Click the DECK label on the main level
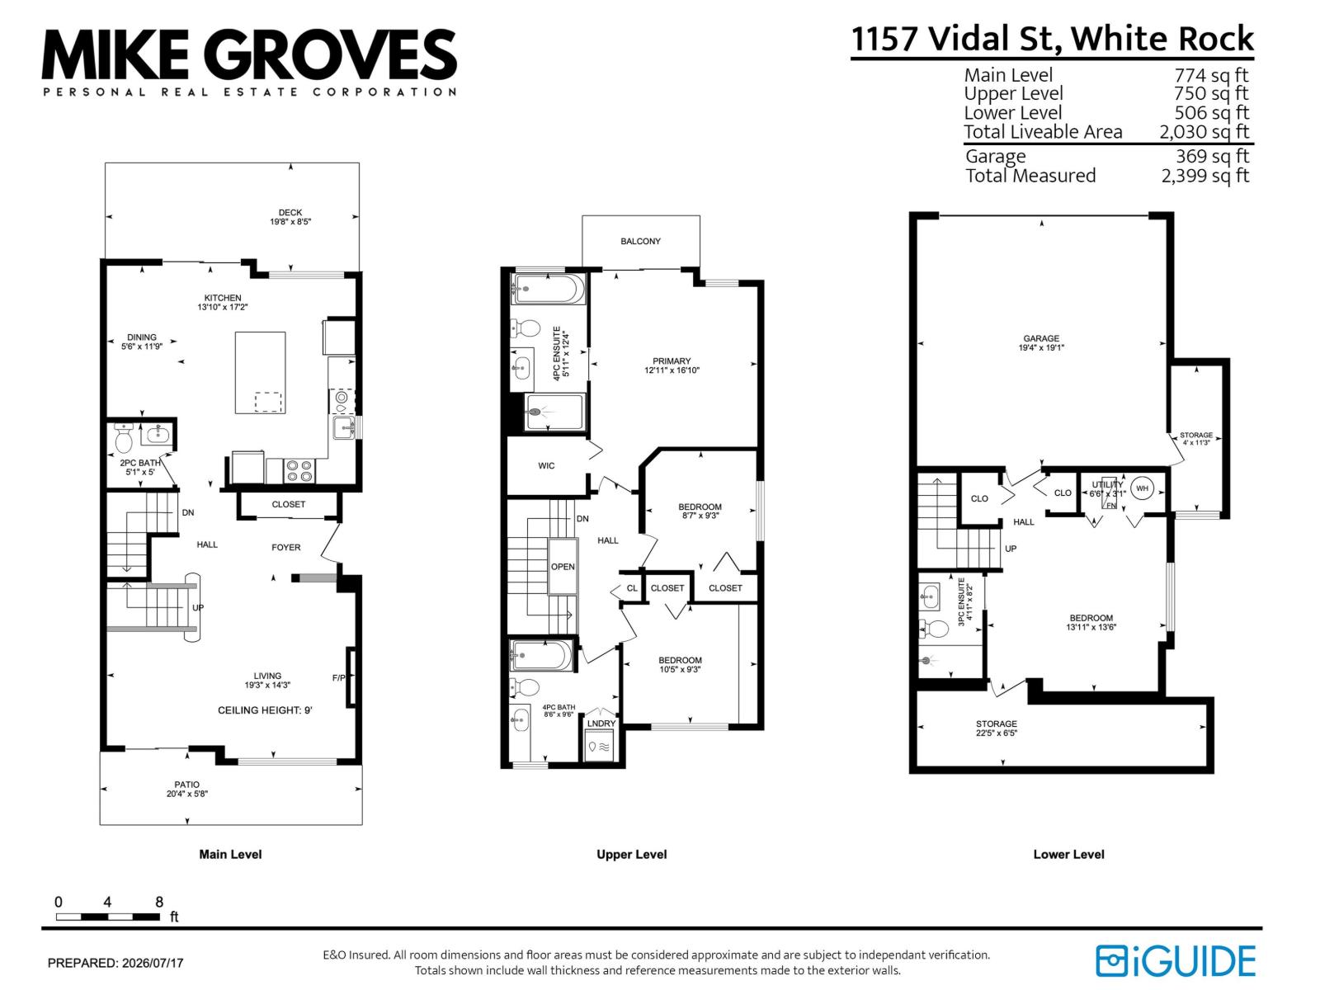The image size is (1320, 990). (x=290, y=213)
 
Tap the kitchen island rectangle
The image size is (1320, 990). (x=261, y=373)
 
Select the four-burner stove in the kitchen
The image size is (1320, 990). (x=299, y=470)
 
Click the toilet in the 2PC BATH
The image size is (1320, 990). (x=123, y=439)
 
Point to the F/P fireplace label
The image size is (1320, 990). (x=338, y=678)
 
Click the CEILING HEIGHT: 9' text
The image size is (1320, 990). (x=265, y=710)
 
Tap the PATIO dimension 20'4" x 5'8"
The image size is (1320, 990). (x=187, y=794)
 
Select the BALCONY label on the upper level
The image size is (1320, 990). (x=640, y=241)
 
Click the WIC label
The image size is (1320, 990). (x=546, y=466)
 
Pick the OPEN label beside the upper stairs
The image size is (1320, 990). (x=563, y=567)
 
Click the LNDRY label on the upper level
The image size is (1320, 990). (x=601, y=724)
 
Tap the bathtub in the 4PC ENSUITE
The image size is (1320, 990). (x=547, y=290)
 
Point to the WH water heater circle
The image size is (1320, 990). (x=1142, y=488)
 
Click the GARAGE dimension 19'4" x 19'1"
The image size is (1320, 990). (x=1041, y=347)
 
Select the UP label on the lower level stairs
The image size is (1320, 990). (x=1011, y=549)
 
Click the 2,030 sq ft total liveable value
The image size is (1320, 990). (x=1204, y=132)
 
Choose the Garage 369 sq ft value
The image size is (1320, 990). (x=1213, y=156)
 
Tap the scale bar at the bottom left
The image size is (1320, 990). (x=108, y=917)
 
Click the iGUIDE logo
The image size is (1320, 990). (x=1175, y=960)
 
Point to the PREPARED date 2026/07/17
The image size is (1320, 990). (x=153, y=963)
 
